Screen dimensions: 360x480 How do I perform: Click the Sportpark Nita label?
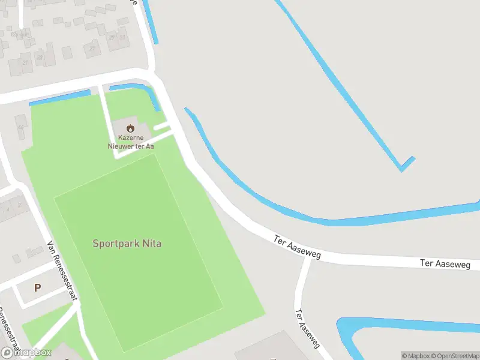point(127,244)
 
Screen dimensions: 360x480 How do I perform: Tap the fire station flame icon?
point(130,128)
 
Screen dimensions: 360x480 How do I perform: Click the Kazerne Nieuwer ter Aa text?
point(130,142)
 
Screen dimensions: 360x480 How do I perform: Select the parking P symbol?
point(37,288)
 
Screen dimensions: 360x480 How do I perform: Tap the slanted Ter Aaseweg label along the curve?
point(298,247)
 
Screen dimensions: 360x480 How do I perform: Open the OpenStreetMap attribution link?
point(455,356)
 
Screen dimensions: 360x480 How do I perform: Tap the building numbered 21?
point(25,61)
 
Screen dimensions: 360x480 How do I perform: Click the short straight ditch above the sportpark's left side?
point(60,98)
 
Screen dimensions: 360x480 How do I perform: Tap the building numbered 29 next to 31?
point(112,37)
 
